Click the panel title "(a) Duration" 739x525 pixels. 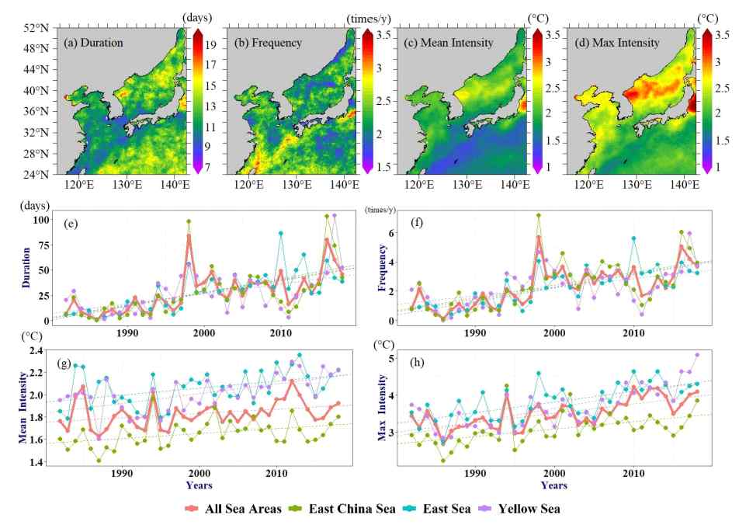[93, 43]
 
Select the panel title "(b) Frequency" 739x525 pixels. [268, 43]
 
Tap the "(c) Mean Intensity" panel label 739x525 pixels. [448, 43]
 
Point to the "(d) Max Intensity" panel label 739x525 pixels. [617, 43]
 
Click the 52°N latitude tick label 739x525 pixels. [36, 28]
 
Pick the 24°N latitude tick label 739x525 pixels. [36, 175]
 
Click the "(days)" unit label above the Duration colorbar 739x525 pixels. [197, 17]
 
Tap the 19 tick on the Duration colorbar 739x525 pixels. [210, 45]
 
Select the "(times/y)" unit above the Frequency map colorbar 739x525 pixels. [369, 19]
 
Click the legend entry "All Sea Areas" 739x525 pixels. [234, 509]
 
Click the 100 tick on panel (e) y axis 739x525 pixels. [41, 220]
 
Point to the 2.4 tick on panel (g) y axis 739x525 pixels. [36, 350]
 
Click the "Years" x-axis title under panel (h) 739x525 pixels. [553, 485]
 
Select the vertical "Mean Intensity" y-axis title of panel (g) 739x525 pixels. [23, 408]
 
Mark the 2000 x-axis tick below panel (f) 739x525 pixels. [554, 333]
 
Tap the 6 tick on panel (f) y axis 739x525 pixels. [390, 233]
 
